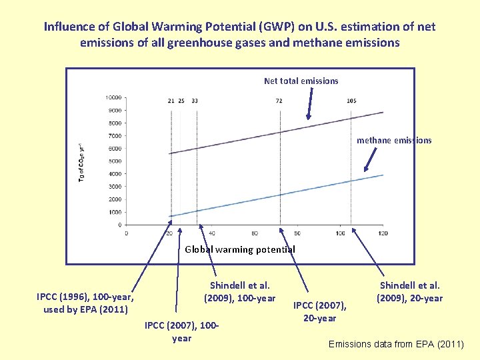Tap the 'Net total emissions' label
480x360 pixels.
point(301,81)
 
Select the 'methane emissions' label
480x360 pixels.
point(394,140)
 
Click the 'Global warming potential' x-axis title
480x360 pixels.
point(239,249)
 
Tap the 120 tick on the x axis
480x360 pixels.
point(383,233)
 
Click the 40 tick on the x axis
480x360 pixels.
point(212,233)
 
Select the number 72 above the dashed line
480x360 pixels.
point(279,101)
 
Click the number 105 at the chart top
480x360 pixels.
point(351,101)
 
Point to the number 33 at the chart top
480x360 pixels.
point(194,101)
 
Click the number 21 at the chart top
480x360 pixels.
point(171,101)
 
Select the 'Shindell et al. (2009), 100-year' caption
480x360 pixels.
point(239,291)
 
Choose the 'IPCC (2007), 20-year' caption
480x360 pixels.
point(319,311)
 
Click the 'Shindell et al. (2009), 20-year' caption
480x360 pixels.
point(409,291)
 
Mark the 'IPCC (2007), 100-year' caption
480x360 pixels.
point(181,331)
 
